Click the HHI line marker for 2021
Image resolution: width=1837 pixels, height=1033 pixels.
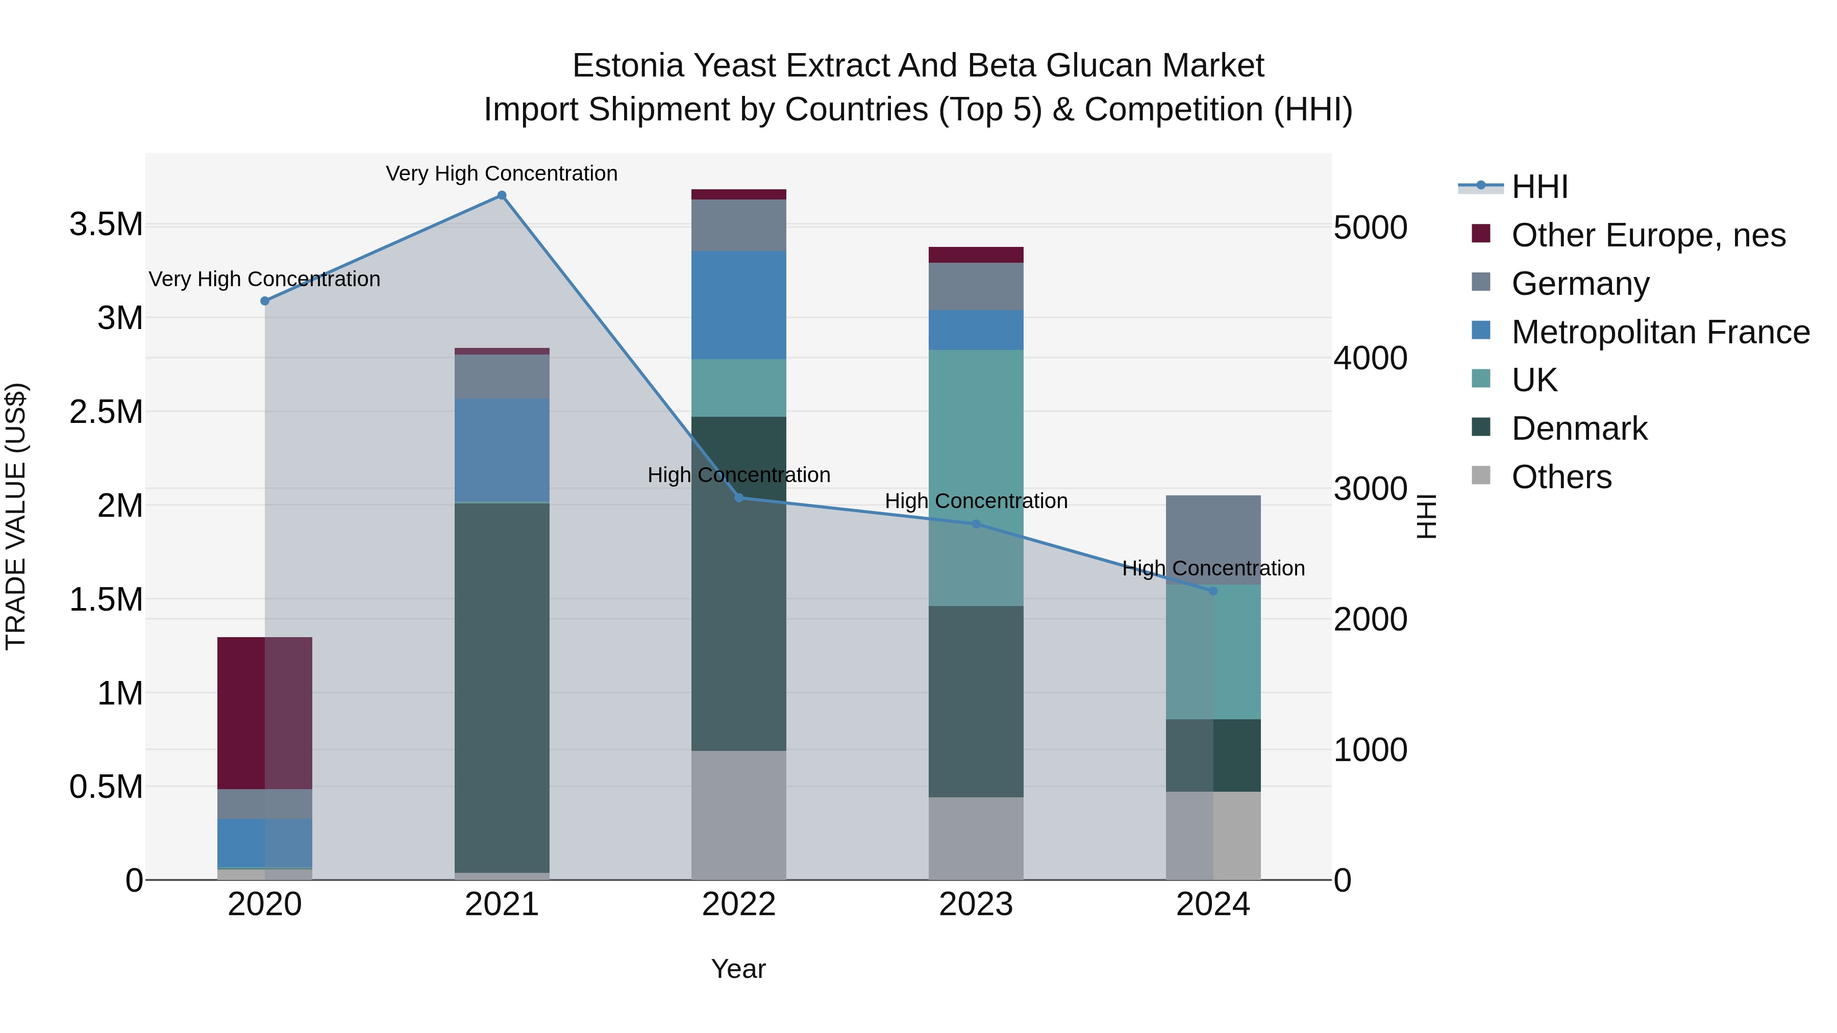501,195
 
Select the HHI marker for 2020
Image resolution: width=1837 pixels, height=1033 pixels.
264,301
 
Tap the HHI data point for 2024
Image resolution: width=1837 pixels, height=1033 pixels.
1213,591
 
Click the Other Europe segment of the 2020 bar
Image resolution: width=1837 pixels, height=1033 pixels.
264,713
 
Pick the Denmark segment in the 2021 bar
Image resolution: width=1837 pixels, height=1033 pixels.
501,688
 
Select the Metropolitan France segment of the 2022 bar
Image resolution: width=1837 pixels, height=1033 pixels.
739,305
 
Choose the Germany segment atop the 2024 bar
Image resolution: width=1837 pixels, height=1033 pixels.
1213,540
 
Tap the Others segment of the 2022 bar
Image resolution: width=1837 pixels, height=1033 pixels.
739,815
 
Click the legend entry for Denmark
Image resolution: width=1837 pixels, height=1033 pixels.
1578,429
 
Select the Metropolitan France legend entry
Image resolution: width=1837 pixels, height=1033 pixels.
1660,332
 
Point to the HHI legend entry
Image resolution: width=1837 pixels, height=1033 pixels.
1539,187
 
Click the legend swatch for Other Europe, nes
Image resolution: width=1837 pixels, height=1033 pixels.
1481,233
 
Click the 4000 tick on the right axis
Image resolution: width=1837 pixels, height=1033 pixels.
1370,359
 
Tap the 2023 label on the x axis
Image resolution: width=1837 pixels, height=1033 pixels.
976,904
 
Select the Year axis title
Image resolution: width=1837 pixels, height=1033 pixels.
738,969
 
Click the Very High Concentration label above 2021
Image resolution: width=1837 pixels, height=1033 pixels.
501,173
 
